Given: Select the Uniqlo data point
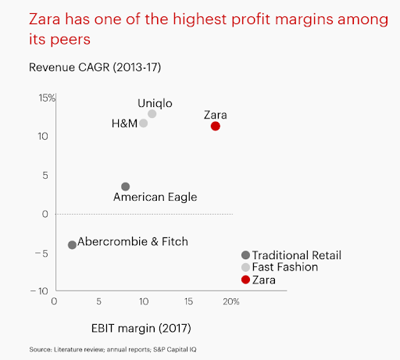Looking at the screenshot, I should click(x=152, y=114).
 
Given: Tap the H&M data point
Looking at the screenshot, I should click(x=144, y=123).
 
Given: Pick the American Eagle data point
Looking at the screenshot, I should click(x=125, y=187).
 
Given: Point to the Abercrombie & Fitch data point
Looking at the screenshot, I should click(x=72, y=244).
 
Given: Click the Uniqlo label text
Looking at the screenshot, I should click(x=155, y=102).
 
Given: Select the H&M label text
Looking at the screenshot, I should click(x=125, y=123).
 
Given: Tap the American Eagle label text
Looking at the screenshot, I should click(x=155, y=198).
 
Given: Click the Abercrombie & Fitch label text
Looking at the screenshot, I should click(x=133, y=242).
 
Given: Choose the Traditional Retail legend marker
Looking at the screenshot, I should click(x=245, y=255).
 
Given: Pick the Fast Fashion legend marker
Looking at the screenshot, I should click(x=245, y=267).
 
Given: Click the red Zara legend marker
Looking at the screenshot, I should click(x=245, y=280).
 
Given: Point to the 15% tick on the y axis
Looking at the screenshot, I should click(x=45, y=98).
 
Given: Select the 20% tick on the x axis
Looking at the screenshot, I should click(x=230, y=301).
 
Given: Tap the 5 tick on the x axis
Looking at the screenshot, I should click(x=98, y=301).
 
